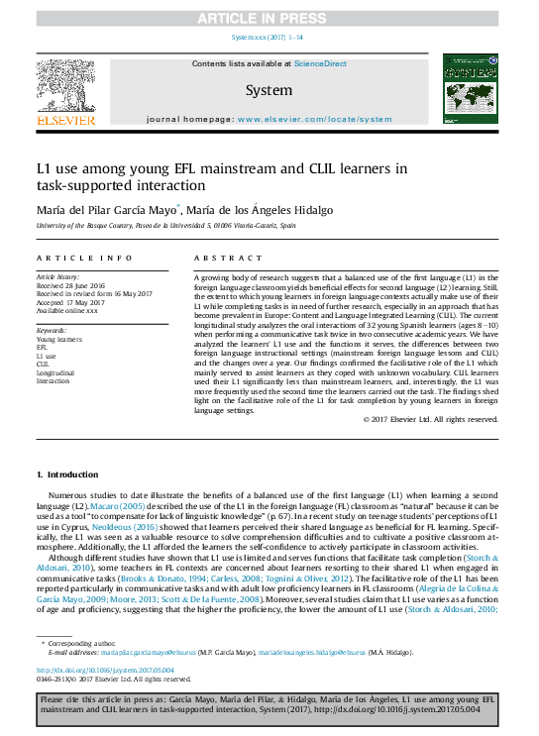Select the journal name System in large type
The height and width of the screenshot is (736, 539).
pyautogui.click(x=269, y=90)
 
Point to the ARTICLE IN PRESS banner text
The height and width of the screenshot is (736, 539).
pyautogui.click(x=269, y=18)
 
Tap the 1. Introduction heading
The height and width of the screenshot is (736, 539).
pyautogui.click(x=67, y=475)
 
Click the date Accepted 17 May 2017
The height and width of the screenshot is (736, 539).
pyautogui.click(x=70, y=302)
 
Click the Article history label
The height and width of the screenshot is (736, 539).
pyautogui.click(x=57, y=277)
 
